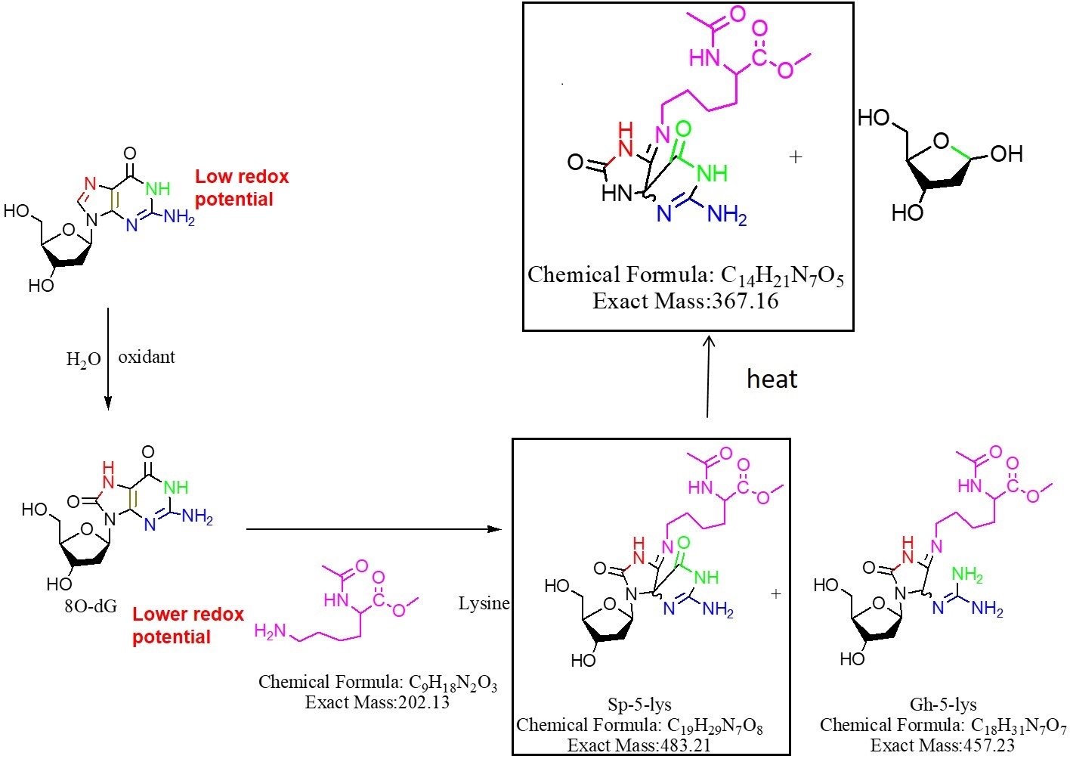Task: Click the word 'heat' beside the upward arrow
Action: point(772,379)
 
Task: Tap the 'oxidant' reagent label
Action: point(147,357)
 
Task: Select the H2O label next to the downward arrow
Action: point(84,359)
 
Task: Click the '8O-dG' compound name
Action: point(91,606)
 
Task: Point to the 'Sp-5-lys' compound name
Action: point(639,705)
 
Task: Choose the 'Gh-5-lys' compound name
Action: point(943,705)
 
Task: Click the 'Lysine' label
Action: point(484,604)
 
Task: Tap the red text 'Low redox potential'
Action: point(242,187)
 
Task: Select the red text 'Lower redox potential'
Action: point(188,626)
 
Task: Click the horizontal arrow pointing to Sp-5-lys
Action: point(374,529)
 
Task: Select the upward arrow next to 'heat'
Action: point(708,376)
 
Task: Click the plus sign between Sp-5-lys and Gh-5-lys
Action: point(776,593)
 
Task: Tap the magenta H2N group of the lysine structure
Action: point(270,631)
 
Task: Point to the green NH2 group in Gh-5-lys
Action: point(967,574)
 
